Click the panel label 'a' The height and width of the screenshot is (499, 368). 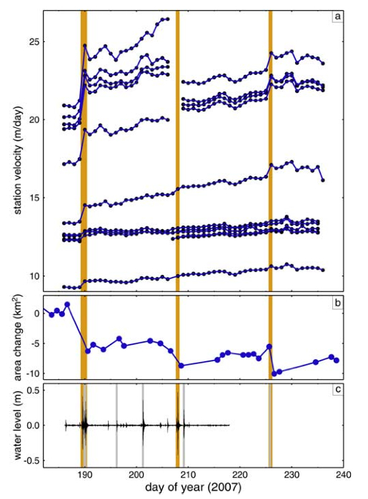(x=337, y=16)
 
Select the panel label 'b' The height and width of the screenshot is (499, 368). (x=337, y=303)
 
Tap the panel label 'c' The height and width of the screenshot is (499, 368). (x=337, y=389)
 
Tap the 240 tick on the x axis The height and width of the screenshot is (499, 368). (x=344, y=475)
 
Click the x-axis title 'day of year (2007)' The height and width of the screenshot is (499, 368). (x=193, y=488)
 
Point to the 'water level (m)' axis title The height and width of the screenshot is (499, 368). (x=18, y=425)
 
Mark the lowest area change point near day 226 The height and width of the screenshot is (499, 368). (x=274, y=373)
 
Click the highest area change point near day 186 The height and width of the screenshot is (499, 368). (x=67, y=305)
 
